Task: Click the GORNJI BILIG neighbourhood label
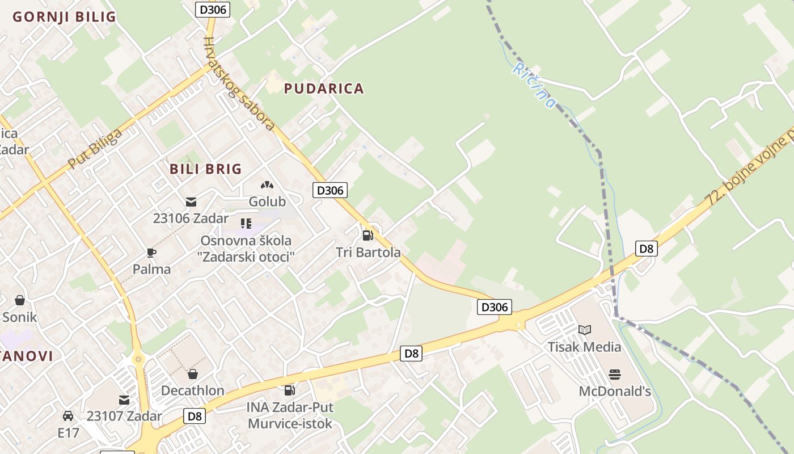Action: pos(64,16)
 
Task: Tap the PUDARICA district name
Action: pos(324,89)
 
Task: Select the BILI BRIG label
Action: pos(206,169)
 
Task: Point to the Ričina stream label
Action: pos(534,85)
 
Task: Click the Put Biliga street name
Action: pos(95,149)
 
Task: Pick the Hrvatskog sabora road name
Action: pos(239,83)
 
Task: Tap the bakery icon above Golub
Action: pos(267,185)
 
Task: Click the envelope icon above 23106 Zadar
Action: pos(191,201)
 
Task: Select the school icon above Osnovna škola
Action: pos(246,224)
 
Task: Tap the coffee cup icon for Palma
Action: pos(151,253)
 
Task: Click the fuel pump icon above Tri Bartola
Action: pos(368,235)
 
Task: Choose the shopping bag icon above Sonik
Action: pos(20,300)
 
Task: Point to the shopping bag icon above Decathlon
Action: pos(193,374)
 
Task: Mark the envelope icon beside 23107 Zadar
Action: pos(124,400)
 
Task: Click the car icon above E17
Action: pos(68,416)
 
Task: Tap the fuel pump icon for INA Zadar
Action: pos(289,390)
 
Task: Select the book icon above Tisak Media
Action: pos(584,330)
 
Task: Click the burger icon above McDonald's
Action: pos(615,374)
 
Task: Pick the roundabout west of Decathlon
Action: pos(138,359)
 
